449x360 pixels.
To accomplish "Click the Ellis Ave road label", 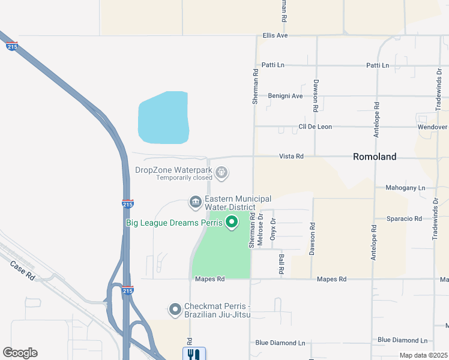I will pyautogui.click(x=276, y=35).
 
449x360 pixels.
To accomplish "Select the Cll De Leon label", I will pyautogui.click(x=316, y=127).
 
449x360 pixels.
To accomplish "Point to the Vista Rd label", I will pyautogui.click(x=291, y=156).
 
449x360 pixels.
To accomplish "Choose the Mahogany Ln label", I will pyautogui.click(x=405, y=188).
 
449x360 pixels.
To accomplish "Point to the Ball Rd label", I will pyautogui.click(x=281, y=264).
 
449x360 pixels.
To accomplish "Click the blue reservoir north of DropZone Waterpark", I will pyautogui.click(x=163, y=118).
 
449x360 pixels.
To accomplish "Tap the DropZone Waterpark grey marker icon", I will pyautogui.click(x=222, y=173).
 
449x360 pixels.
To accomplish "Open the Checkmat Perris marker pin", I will pyautogui.click(x=175, y=310).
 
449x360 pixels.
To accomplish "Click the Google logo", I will pyautogui.click(x=20, y=353).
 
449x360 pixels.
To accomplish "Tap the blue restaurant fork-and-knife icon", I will pyautogui.click(x=194, y=354).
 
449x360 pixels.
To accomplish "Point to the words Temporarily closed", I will pyautogui.click(x=184, y=178).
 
